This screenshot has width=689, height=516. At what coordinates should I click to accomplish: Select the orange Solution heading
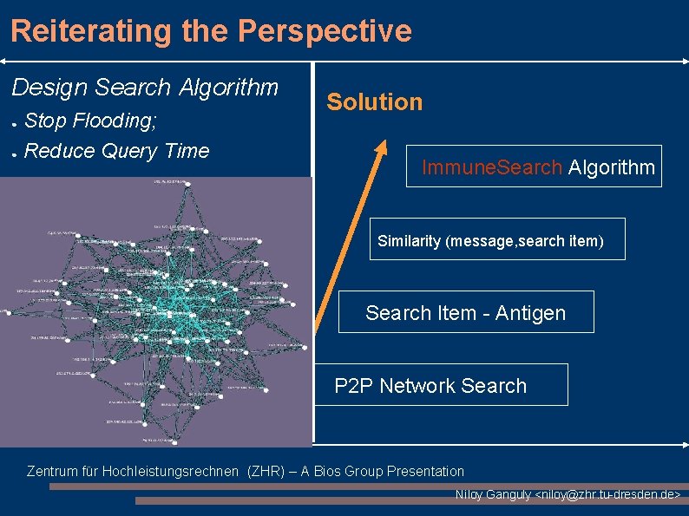tap(374, 102)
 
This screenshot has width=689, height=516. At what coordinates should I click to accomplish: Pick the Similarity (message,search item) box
tap(490, 240)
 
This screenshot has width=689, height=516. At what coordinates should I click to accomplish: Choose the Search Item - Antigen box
tap(465, 312)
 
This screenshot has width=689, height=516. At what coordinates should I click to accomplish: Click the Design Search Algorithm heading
tap(145, 88)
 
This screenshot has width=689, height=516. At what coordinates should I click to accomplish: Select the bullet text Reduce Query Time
tap(117, 151)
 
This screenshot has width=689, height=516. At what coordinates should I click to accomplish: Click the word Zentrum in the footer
tap(53, 472)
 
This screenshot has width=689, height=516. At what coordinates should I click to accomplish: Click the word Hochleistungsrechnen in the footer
tap(170, 472)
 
